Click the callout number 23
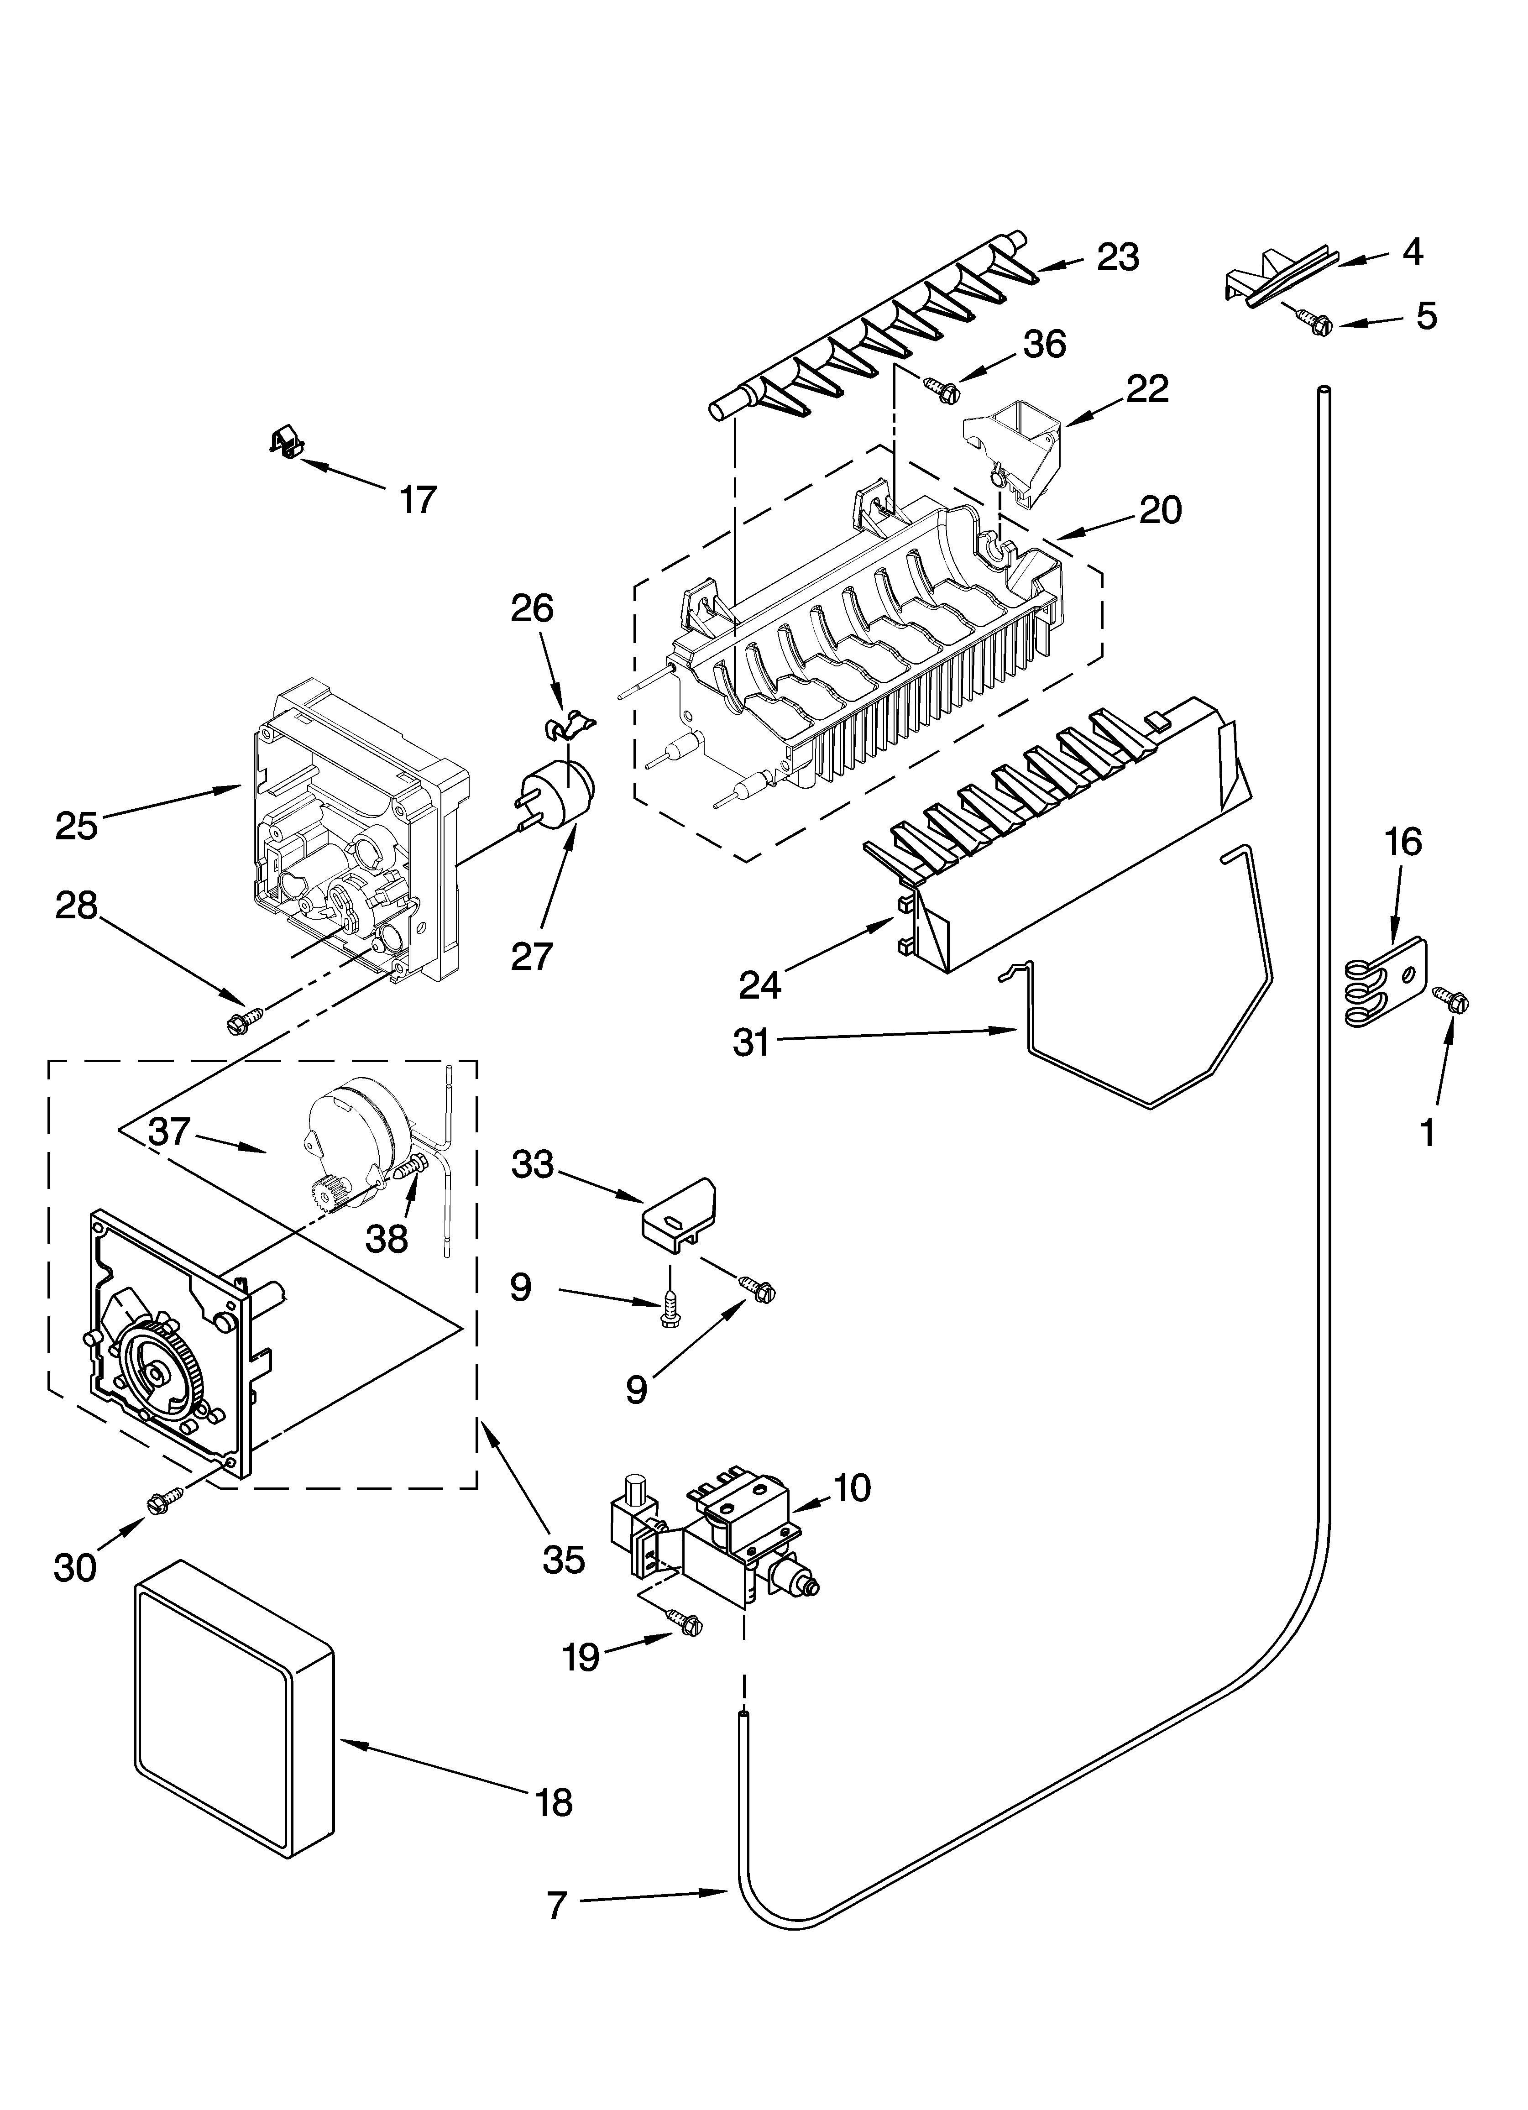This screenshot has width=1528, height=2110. pyautogui.click(x=1118, y=258)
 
